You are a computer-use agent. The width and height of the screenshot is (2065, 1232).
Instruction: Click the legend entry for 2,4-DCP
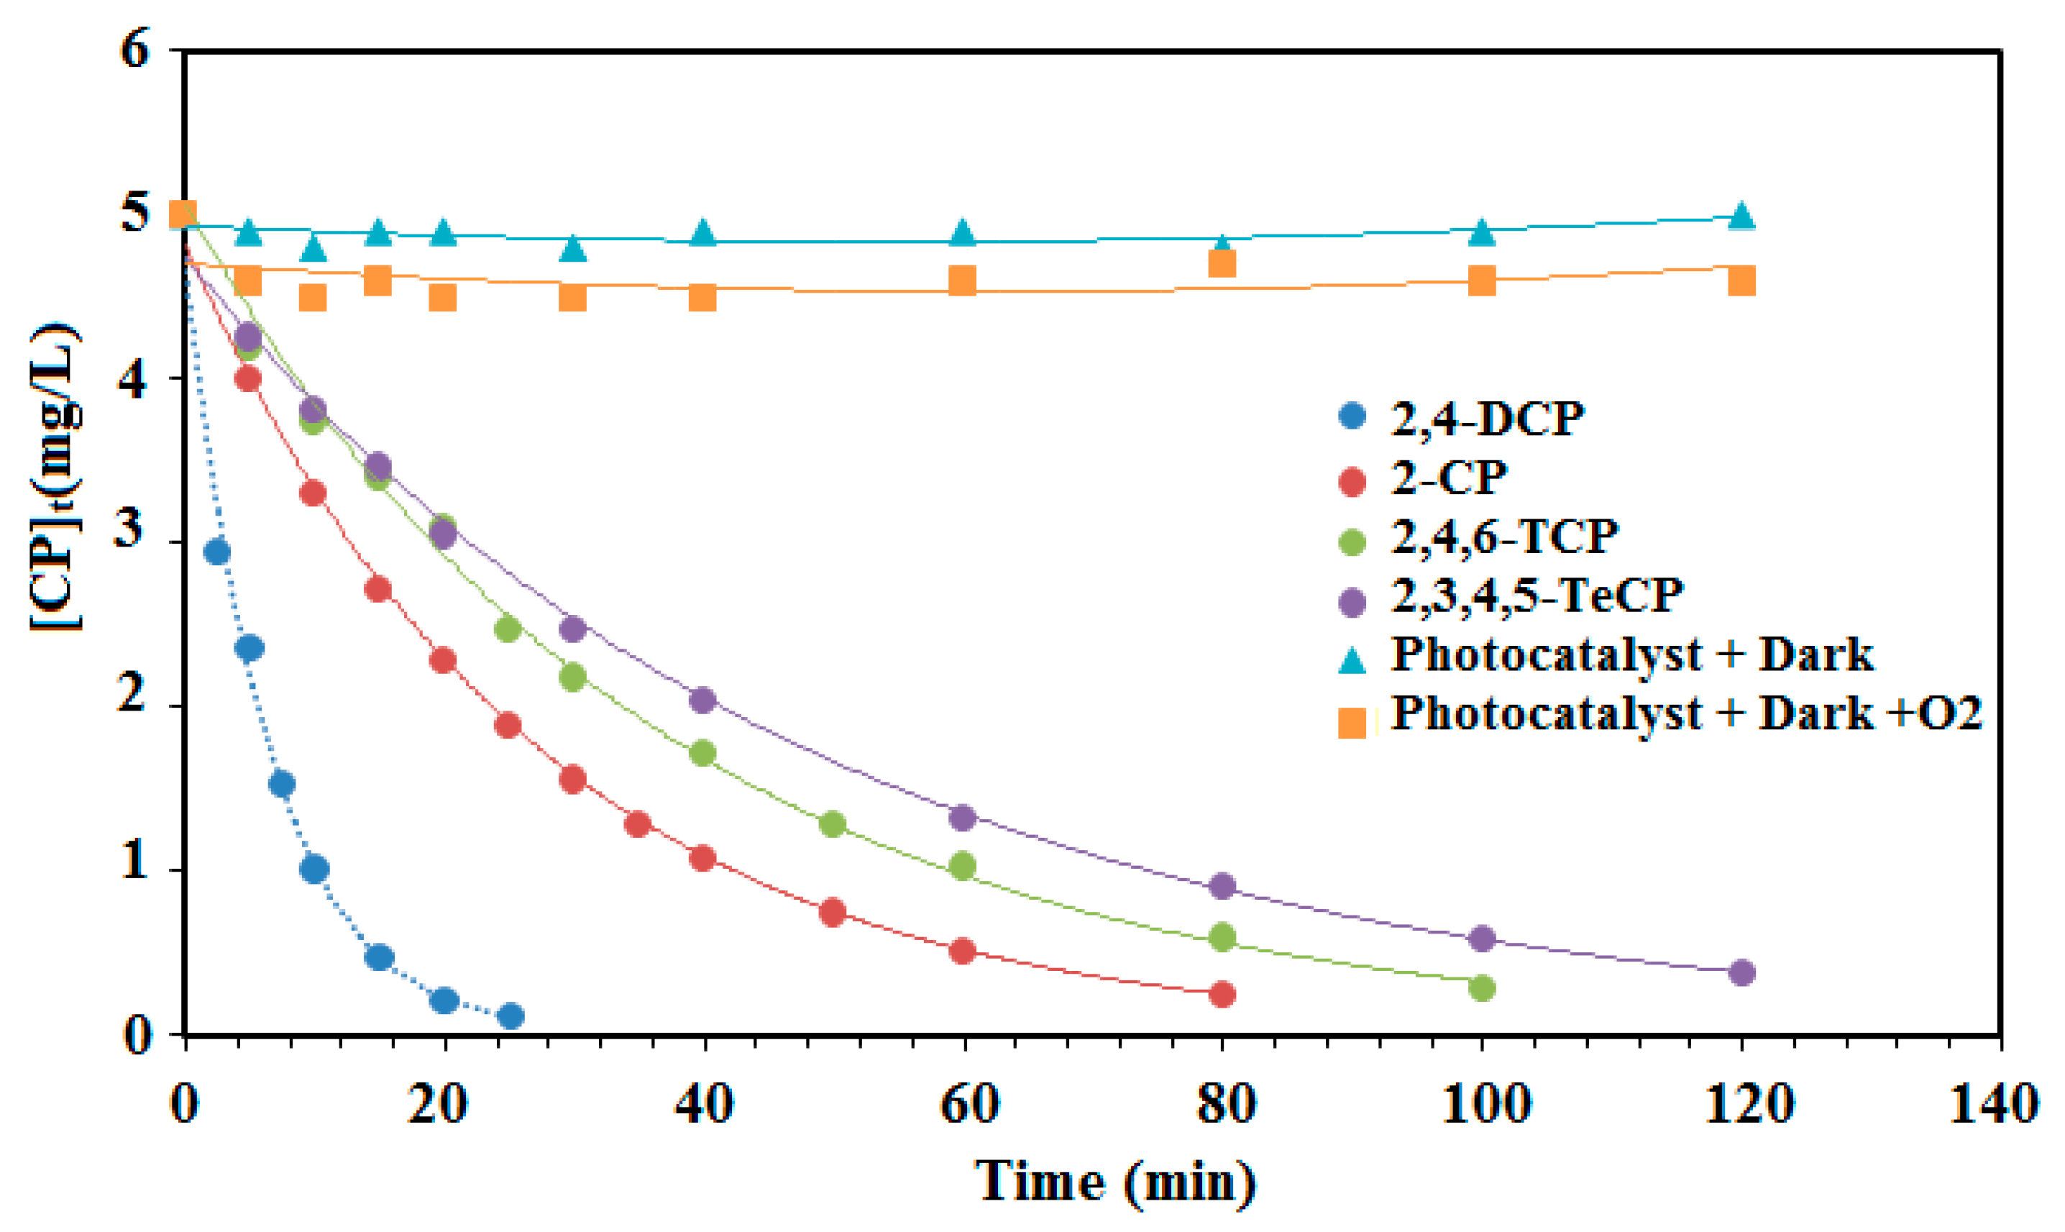pos(1485,419)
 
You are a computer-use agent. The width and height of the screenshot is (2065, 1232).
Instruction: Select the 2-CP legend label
pos(1447,478)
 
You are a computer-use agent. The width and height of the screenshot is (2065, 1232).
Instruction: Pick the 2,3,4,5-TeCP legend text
pos(1536,596)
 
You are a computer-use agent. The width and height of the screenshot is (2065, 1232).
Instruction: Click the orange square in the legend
pos(1352,723)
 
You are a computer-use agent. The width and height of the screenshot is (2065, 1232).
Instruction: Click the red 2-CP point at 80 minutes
pos(1222,994)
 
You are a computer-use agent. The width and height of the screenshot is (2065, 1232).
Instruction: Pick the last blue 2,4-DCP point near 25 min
pos(512,1016)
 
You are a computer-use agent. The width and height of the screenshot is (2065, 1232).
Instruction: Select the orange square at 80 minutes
pos(1222,264)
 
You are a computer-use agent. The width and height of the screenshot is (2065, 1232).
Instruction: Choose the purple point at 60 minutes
pos(962,817)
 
